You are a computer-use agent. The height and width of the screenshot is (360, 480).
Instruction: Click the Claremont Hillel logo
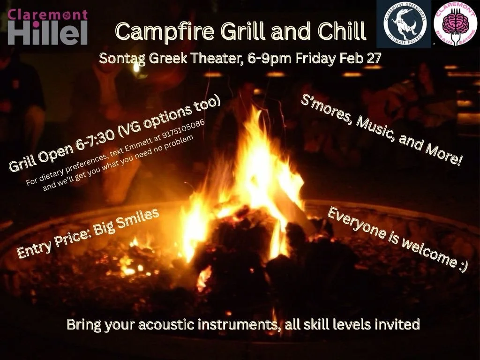(48, 27)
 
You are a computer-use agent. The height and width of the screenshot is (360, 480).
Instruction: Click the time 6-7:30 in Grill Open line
(94, 143)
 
